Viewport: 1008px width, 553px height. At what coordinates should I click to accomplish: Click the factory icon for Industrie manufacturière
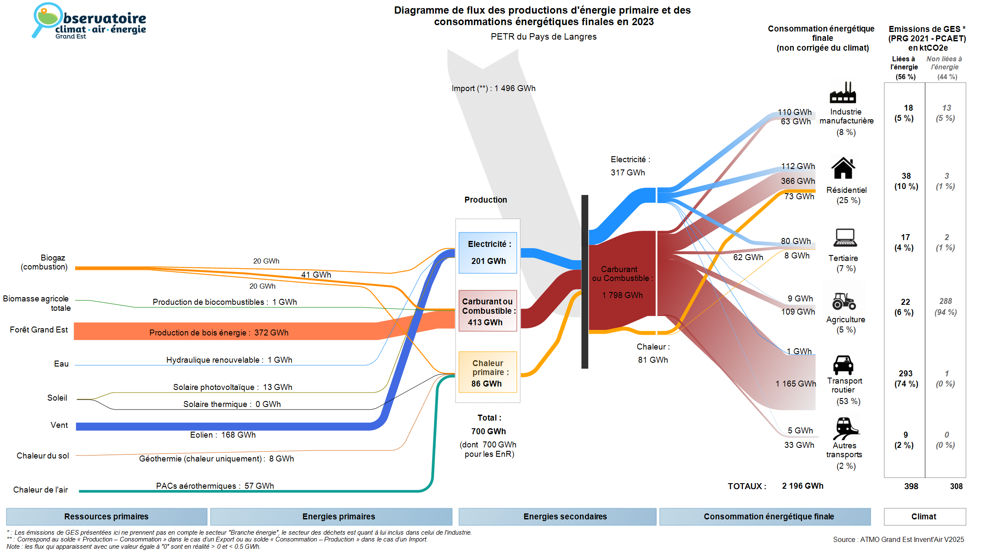click(843, 93)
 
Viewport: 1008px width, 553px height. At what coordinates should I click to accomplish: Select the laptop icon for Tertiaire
click(845, 238)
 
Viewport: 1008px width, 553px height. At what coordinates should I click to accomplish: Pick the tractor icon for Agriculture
click(844, 301)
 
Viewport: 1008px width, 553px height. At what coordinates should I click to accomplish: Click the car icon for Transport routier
click(843, 365)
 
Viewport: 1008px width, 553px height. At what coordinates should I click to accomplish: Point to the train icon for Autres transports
click(846, 428)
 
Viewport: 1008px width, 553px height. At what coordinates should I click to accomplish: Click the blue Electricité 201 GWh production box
click(488, 252)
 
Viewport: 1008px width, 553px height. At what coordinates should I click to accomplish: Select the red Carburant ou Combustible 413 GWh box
click(488, 311)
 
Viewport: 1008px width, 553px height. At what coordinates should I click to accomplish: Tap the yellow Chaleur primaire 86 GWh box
click(488, 372)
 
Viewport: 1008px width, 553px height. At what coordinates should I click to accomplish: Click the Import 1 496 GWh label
click(493, 89)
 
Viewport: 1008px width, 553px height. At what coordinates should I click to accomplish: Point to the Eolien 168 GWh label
click(223, 435)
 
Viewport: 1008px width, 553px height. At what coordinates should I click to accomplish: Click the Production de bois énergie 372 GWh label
click(219, 332)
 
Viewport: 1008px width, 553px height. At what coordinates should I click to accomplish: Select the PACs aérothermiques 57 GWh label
click(215, 486)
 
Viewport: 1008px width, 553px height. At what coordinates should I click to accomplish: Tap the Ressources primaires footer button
click(106, 516)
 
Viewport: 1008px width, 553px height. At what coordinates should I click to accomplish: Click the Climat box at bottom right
click(924, 516)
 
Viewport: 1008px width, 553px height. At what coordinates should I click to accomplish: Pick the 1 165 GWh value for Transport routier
click(795, 384)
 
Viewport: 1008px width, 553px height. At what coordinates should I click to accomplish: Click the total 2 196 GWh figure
click(803, 486)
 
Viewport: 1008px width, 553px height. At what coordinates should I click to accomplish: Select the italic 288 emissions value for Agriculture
click(945, 301)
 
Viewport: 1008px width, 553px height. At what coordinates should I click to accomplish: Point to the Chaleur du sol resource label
click(43, 456)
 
